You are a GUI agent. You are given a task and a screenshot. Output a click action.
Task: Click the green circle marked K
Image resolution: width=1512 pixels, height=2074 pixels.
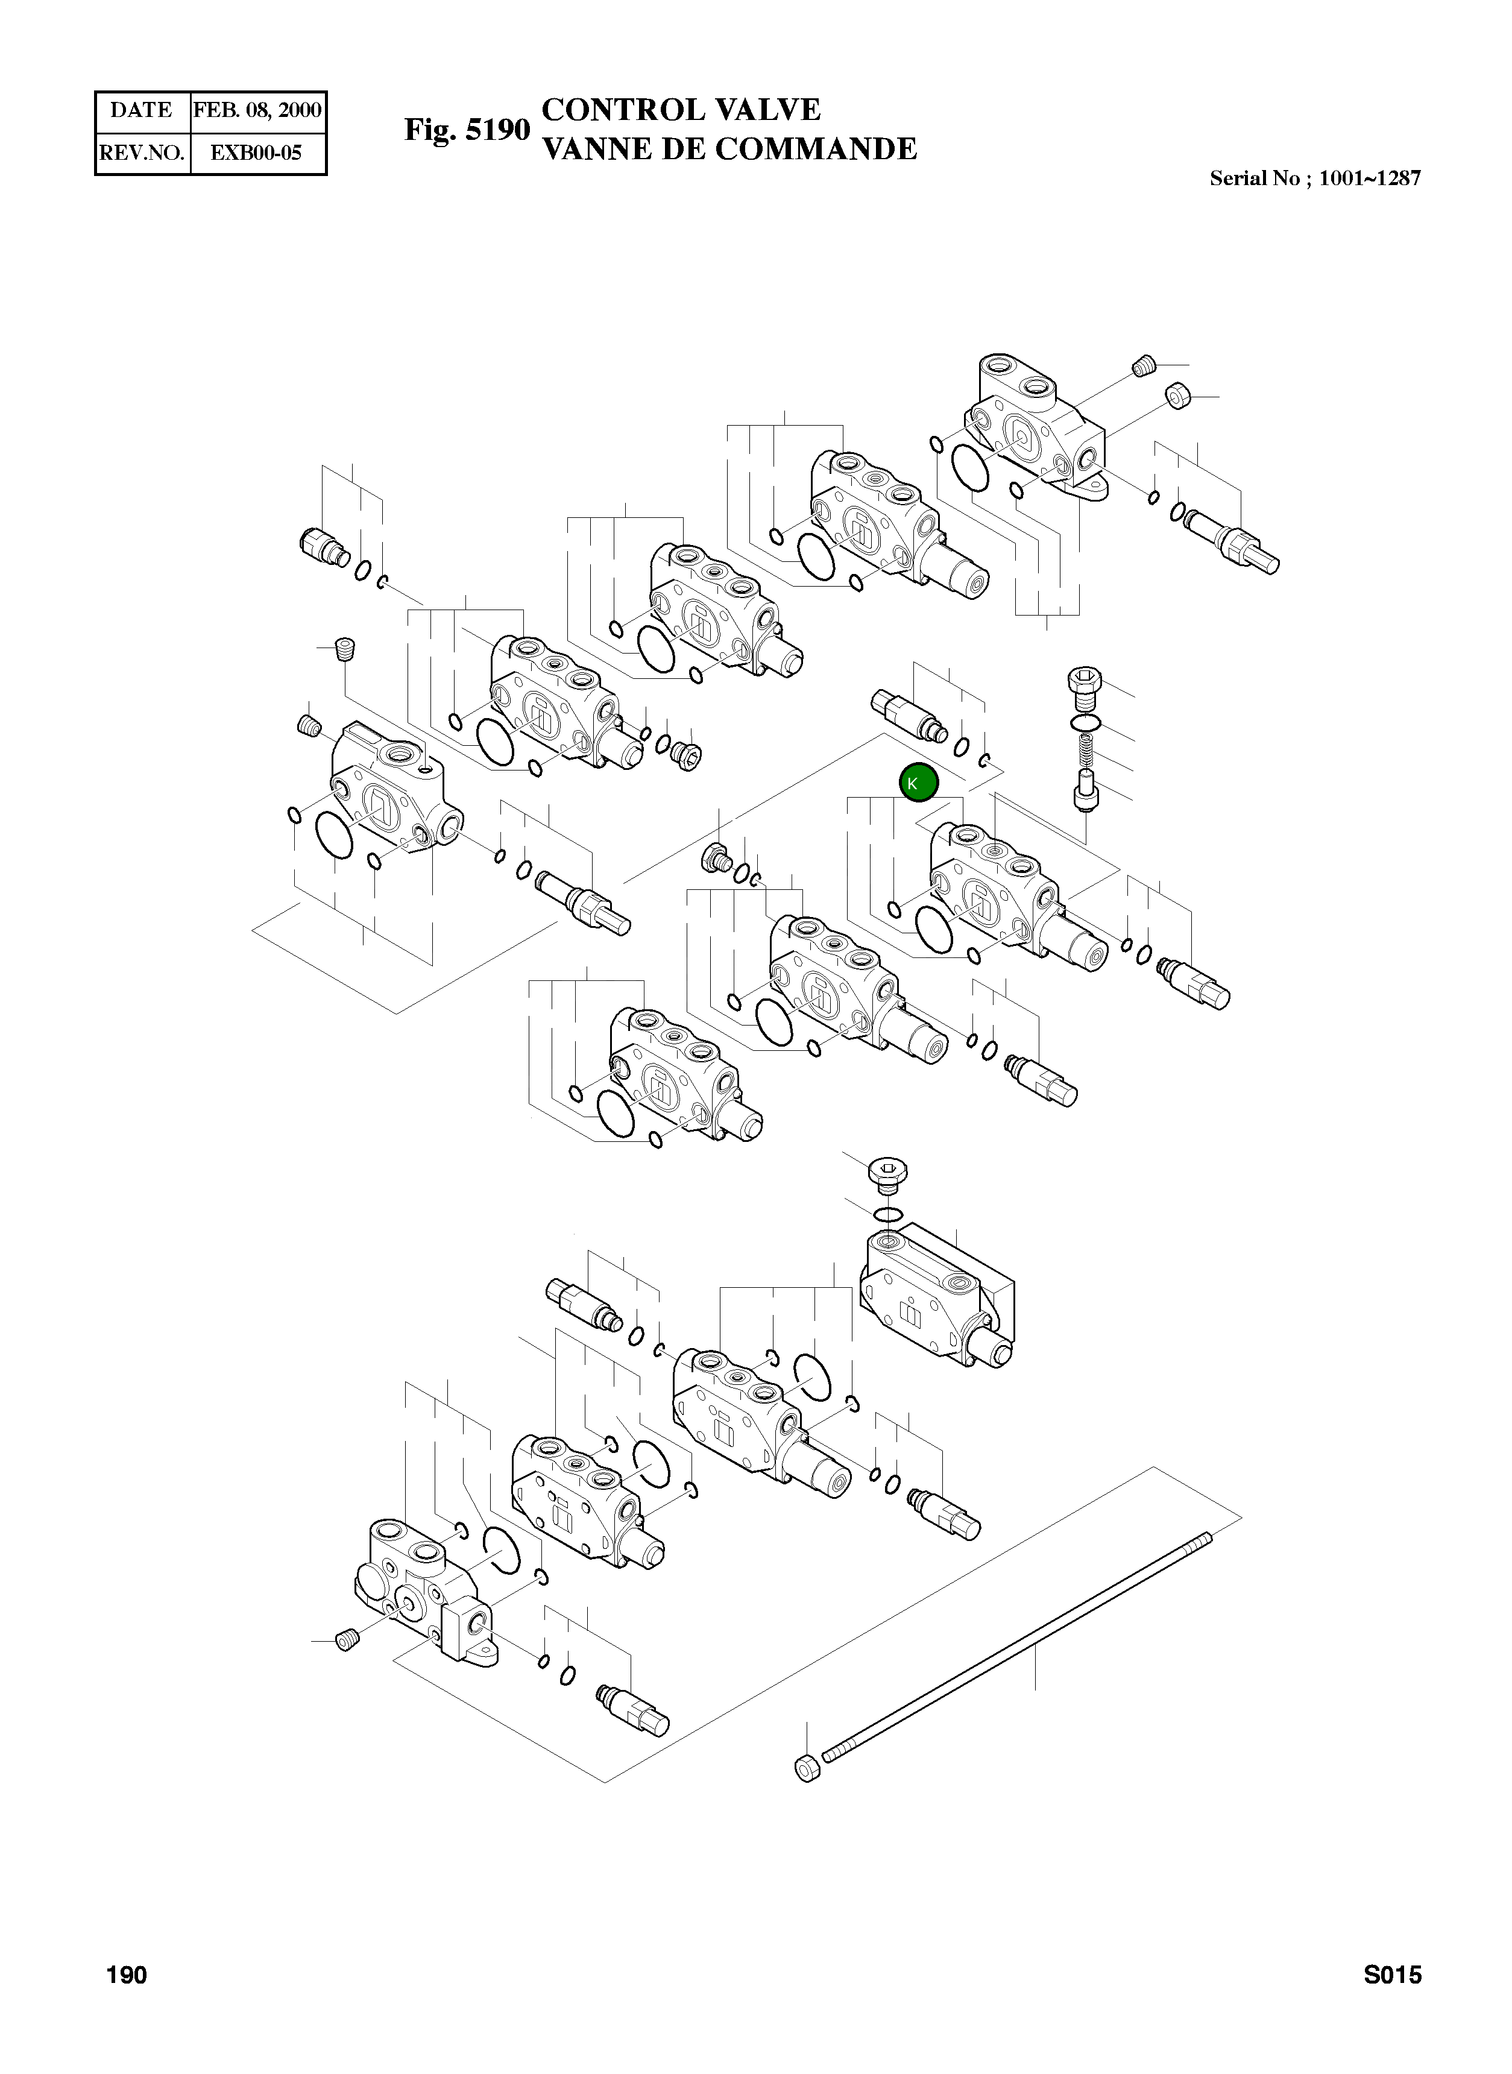918,783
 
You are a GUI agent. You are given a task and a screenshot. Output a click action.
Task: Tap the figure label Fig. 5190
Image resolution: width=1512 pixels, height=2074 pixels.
467,130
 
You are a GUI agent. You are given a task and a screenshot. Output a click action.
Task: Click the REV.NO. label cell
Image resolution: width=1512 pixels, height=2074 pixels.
142,153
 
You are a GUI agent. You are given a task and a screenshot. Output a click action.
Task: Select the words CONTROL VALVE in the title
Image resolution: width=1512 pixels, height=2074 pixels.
681,110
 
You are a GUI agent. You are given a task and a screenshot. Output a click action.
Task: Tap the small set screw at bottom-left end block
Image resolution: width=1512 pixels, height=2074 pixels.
346,1641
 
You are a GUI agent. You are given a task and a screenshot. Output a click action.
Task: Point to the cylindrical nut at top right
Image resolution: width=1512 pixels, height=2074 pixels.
1178,396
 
